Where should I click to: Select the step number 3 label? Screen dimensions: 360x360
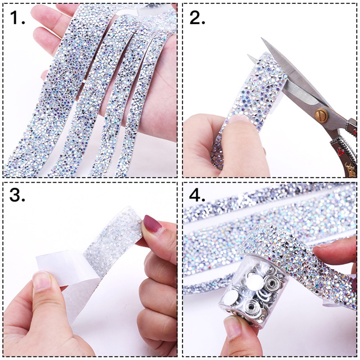[x=17, y=197]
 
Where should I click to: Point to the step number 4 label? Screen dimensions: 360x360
[x=197, y=197]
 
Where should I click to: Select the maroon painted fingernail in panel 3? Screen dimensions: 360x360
[x=151, y=224]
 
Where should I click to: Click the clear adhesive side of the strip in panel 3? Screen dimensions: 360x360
[x=112, y=238]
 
